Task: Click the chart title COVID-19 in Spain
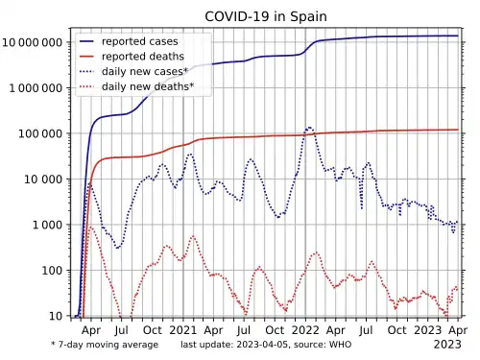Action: point(266,16)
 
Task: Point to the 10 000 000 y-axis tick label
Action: point(33,42)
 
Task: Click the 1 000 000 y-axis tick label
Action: point(36,88)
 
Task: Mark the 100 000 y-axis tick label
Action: point(40,133)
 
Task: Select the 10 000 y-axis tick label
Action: point(43,180)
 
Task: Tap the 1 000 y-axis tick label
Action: point(47,225)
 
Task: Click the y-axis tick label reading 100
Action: point(52,271)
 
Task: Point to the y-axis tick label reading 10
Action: point(56,316)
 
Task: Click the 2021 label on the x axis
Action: point(183,330)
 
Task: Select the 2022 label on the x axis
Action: point(305,330)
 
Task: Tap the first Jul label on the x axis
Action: point(121,330)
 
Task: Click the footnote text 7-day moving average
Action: point(108,345)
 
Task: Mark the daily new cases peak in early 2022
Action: point(309,128)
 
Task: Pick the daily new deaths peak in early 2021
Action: point(193,236)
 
